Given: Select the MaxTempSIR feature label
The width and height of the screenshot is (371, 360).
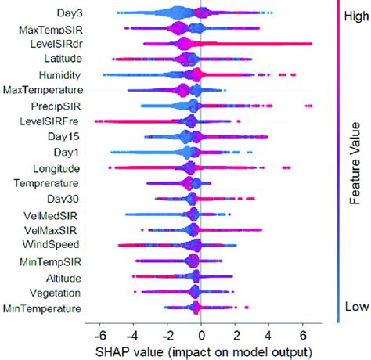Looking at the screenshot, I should (x=49, y=29).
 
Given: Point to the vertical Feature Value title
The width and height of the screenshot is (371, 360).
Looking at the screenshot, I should (x=357, y=160).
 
